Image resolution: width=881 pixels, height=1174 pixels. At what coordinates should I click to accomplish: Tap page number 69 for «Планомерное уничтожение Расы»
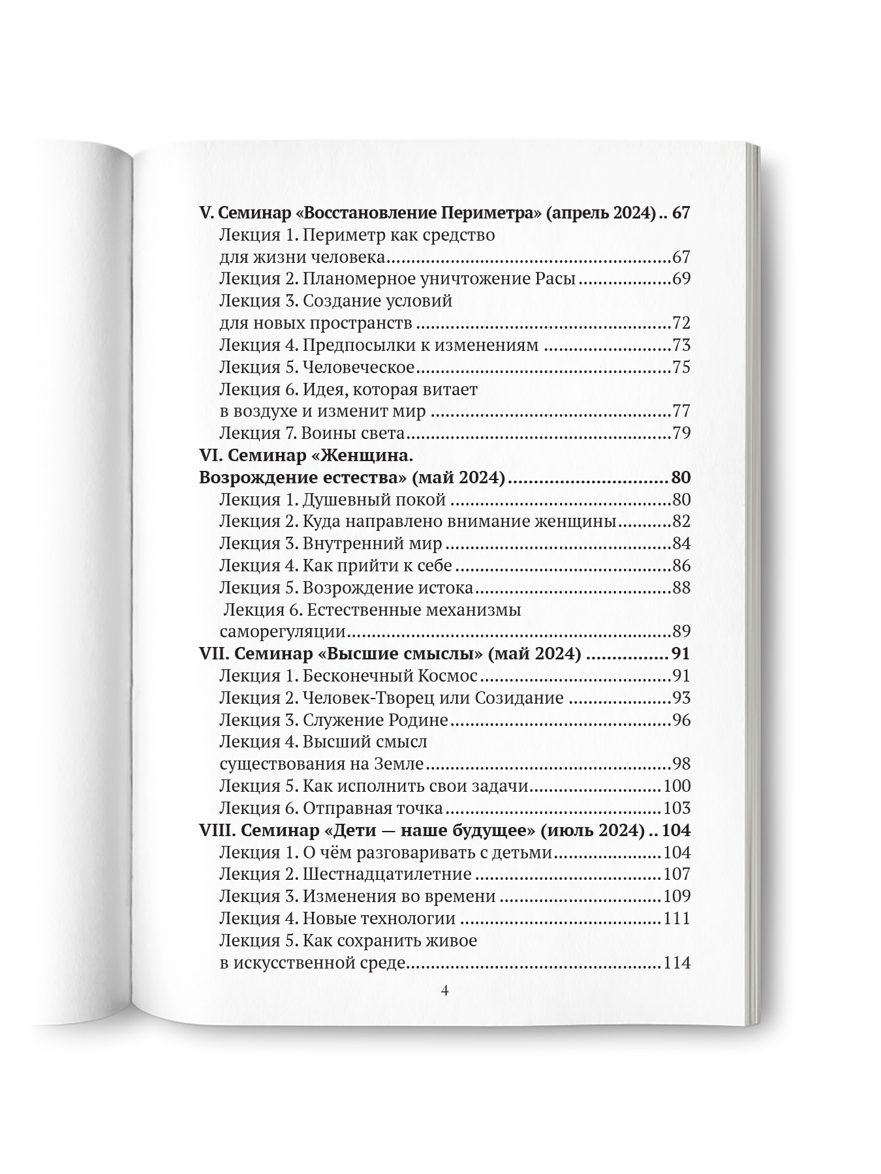tap(681, 279)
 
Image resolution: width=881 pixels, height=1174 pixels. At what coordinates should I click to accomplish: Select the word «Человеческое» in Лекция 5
tap(358, 367)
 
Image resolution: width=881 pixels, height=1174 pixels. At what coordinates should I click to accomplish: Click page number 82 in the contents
tap(681, 522)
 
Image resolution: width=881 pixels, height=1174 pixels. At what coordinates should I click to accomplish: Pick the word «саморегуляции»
tap(282, 632)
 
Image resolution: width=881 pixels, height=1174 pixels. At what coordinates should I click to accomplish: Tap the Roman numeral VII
tap(211, 654)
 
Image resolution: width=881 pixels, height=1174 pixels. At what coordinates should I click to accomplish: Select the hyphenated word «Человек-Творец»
tap(367, 698)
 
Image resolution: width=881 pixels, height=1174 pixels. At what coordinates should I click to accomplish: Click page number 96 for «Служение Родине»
tap(681, 720)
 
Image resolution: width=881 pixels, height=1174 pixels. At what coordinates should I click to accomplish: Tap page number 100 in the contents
tap(676, 786)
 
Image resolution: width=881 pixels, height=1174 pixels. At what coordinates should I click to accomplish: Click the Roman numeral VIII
tap(215, 830)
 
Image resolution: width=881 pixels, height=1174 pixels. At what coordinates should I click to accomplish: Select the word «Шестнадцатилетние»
tap(387, 874)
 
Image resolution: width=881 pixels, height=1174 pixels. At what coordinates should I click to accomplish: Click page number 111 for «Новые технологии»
tap(676, 918)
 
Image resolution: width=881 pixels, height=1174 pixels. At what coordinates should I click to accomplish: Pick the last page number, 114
tap(676, 963)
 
